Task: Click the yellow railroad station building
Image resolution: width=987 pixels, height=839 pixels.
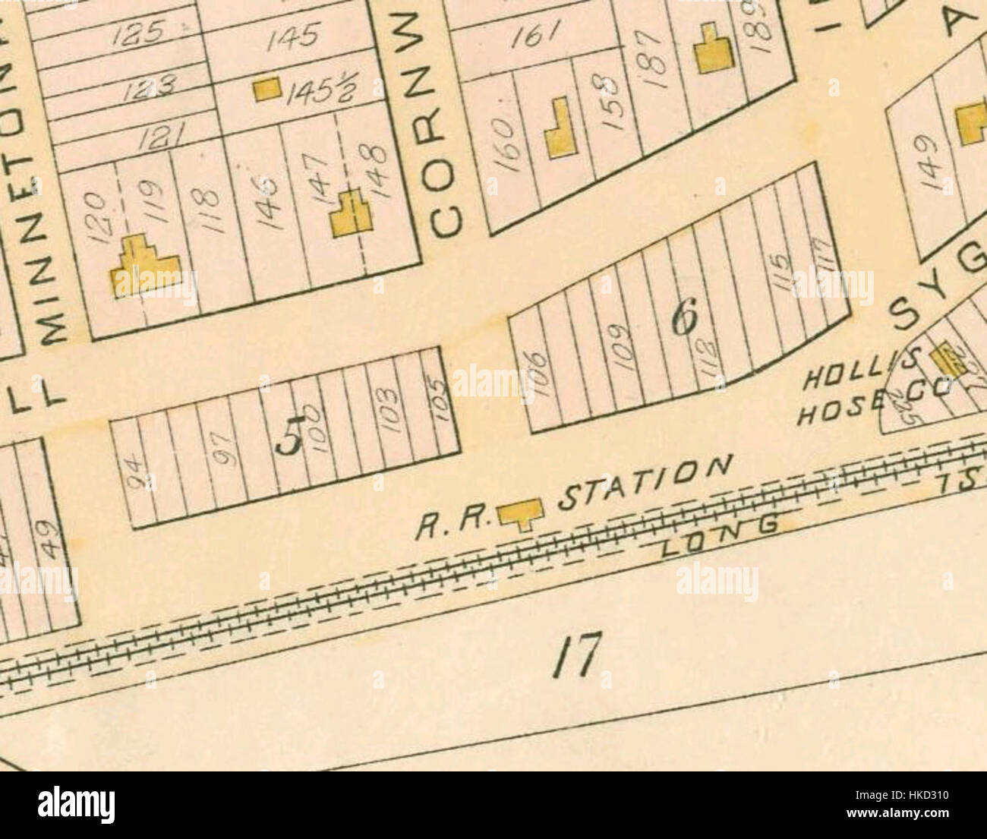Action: click(x=520, y=515)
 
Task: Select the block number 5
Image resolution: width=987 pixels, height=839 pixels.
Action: click(x=290, y=439)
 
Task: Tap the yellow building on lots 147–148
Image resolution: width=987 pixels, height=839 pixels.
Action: click(x=352, y=214)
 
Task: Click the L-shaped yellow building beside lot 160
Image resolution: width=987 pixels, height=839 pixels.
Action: click(x=560, y=129)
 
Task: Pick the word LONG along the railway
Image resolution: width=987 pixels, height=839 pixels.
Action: click(x=720, y=541)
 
